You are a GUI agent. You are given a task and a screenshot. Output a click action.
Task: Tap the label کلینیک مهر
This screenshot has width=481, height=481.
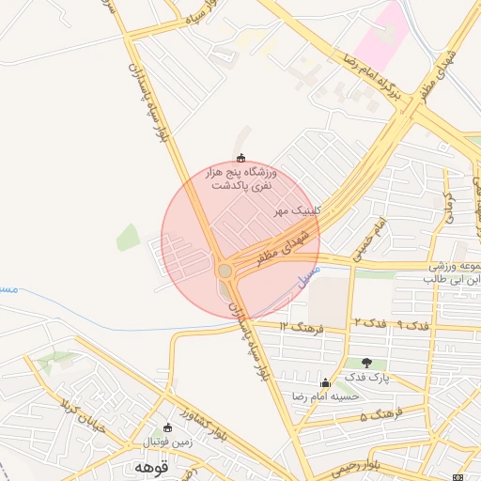298,211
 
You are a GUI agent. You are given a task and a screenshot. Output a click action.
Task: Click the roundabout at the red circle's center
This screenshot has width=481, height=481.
225,271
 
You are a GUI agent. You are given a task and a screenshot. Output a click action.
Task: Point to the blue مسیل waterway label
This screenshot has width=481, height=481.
308,275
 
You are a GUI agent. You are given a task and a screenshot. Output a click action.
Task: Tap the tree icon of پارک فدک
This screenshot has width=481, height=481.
366,364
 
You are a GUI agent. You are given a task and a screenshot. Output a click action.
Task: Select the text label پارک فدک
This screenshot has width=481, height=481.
366,378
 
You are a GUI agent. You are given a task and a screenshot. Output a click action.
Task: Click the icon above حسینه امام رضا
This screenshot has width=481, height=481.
325,382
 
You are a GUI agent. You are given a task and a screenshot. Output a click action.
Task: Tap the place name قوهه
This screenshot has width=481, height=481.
150,467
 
